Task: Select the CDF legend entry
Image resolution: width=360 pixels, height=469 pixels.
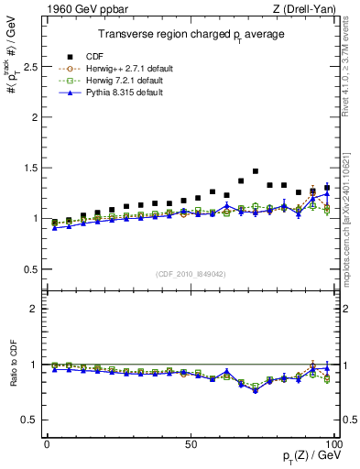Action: tap(93, 55)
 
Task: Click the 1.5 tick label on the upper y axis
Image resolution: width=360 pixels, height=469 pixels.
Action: tap(28, 168)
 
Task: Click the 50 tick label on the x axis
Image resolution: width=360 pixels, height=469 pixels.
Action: tap(190, 444)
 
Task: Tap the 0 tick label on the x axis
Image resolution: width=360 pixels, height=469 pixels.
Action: tap(47, 444)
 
